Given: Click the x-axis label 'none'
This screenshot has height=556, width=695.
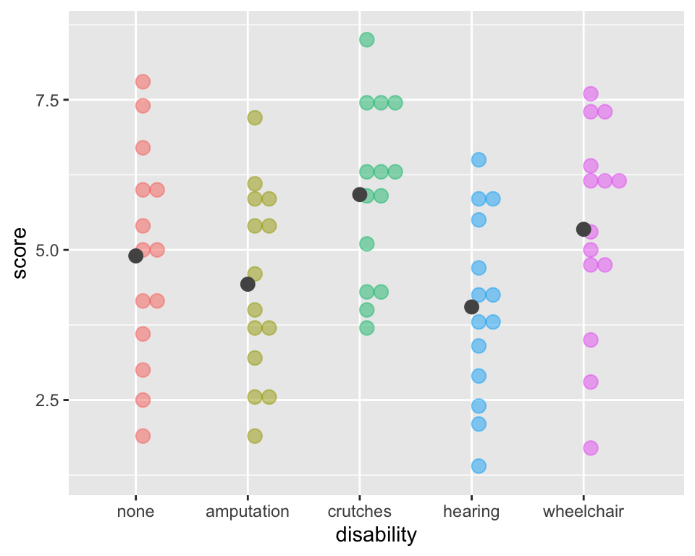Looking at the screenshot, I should pos(135,512).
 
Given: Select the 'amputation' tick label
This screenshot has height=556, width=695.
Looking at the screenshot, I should pos(248,512).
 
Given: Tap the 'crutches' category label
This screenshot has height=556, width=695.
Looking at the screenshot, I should pos(359,512).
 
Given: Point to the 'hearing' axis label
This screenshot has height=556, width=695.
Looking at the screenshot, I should pos(471,512).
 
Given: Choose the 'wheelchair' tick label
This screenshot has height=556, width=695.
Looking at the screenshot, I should pos(583,512).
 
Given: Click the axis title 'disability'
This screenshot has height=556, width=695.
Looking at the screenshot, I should pos(376,535).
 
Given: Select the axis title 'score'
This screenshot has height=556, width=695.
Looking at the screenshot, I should pos(20,253).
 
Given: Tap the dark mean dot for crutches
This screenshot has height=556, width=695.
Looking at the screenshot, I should pos(359,194).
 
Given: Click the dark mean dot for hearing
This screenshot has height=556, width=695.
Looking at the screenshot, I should pos(471,307).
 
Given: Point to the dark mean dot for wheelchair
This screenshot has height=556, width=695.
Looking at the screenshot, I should pos(583,229).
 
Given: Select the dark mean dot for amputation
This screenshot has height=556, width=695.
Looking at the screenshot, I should pos(248,284).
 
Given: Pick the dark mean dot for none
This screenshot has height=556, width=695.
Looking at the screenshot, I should pos(135,256).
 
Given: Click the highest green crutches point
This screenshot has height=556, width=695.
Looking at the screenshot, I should pos(367,39).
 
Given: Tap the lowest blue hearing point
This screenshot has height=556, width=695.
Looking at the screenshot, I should pos(479,466).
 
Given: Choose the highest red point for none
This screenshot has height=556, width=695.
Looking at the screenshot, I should pos(143,82).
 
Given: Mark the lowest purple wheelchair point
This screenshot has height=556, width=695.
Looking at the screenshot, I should pos(591,448).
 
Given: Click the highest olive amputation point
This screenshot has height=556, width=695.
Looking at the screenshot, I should pos(255,117).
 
